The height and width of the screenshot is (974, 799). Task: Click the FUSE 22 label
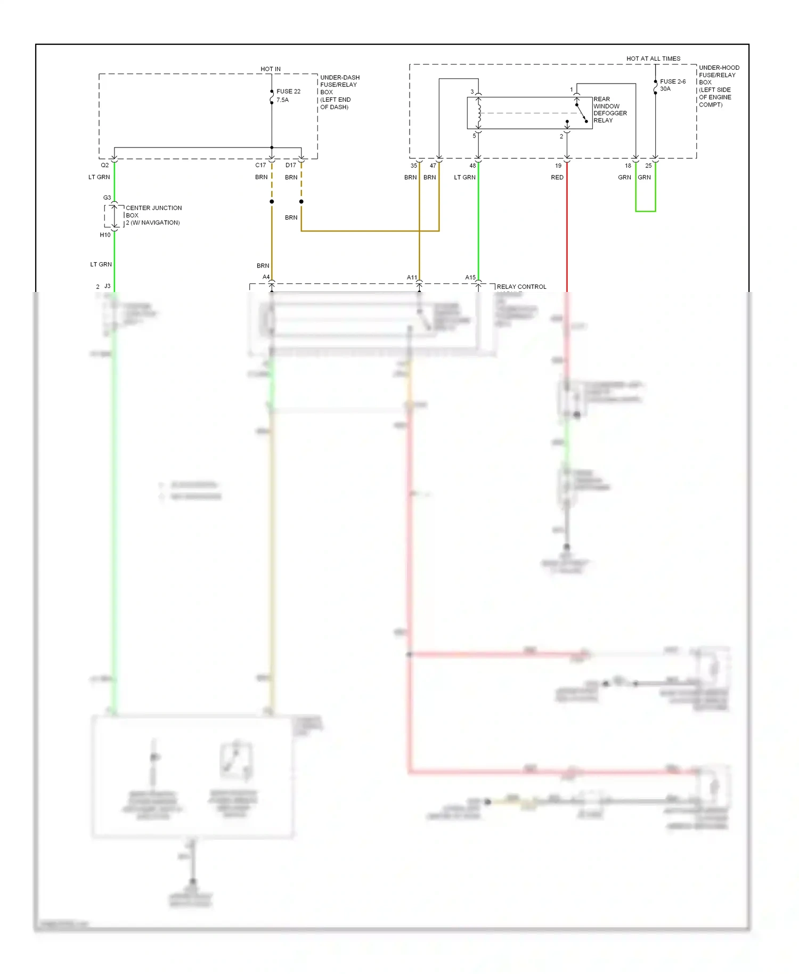(x=288, y=92)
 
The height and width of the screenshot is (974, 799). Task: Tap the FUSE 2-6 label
(x=673, y=82)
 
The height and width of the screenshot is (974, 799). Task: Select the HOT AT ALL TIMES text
(x=653, y=59)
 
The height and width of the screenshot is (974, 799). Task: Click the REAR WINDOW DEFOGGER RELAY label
(x=609, y=110)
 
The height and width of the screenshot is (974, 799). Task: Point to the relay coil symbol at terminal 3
(x=479, y=112)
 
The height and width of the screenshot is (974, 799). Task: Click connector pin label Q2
(x=105, y=165)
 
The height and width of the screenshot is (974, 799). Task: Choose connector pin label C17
(x=260, y=165)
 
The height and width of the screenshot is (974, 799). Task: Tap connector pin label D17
(x=291, y=165)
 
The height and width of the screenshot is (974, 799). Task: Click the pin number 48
(x=472, y=166)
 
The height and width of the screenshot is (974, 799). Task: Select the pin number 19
(x=558, y=166)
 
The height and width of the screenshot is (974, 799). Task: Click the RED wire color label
(x=557, y=177)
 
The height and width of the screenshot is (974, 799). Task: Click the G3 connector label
(x=107, y=198)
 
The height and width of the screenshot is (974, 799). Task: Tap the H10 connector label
(x=105, y=235)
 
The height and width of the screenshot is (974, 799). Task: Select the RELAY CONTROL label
(x=521, y=287)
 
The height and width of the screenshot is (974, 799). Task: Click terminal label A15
(x=470, y=278)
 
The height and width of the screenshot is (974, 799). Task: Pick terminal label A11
(x=412, y=278)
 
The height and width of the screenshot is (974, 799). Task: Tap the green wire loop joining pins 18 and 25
(x=645, y=211)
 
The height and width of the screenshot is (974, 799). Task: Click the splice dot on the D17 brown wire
(x=301, y=201)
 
